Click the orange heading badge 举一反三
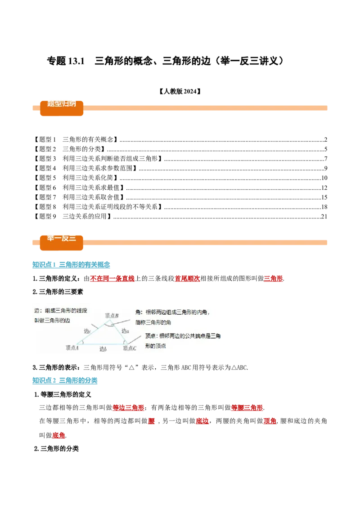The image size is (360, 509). coord(62,239)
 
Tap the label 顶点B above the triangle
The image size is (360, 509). coord(112,316)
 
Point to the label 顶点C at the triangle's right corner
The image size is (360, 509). coord(129,348)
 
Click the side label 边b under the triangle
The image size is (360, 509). coord(103,348)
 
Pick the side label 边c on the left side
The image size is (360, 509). coord(87,331)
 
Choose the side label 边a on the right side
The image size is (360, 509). coord(125,330)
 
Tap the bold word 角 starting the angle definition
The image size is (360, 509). coord(138,312)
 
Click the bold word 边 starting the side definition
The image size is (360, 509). coord(37,311)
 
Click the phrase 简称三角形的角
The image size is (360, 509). coord(153,322)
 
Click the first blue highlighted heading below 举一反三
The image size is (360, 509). coord(72,264)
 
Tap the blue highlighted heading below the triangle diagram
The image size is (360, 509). coord(66,381)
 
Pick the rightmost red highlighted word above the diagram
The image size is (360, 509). coord(273,279)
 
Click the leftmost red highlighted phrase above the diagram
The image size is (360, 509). coord(112,279)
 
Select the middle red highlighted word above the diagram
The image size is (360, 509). coord(187,279)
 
